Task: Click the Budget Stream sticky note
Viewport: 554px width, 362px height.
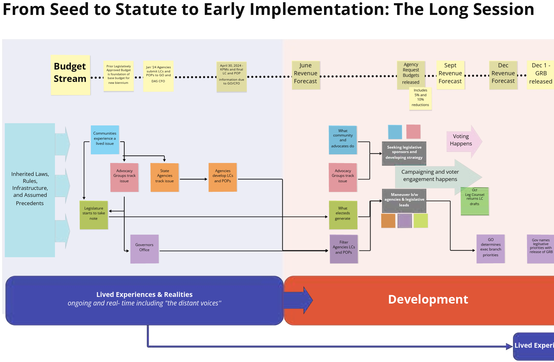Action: pos(70,75)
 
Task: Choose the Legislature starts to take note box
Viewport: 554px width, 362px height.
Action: pos(94,215)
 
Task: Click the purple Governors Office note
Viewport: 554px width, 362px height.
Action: pos(144,249)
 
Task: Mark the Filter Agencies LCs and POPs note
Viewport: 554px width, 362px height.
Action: pos(344,249)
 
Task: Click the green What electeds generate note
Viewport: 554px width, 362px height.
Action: pos(343,215)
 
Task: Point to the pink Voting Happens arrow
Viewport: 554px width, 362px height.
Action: pos(462,140)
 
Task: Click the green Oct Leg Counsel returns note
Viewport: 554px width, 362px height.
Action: pos(475,201)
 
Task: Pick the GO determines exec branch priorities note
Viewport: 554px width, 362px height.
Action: pos(490,249)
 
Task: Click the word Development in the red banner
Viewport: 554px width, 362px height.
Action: pos(428,299)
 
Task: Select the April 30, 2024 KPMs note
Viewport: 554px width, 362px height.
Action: pos(232,77)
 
